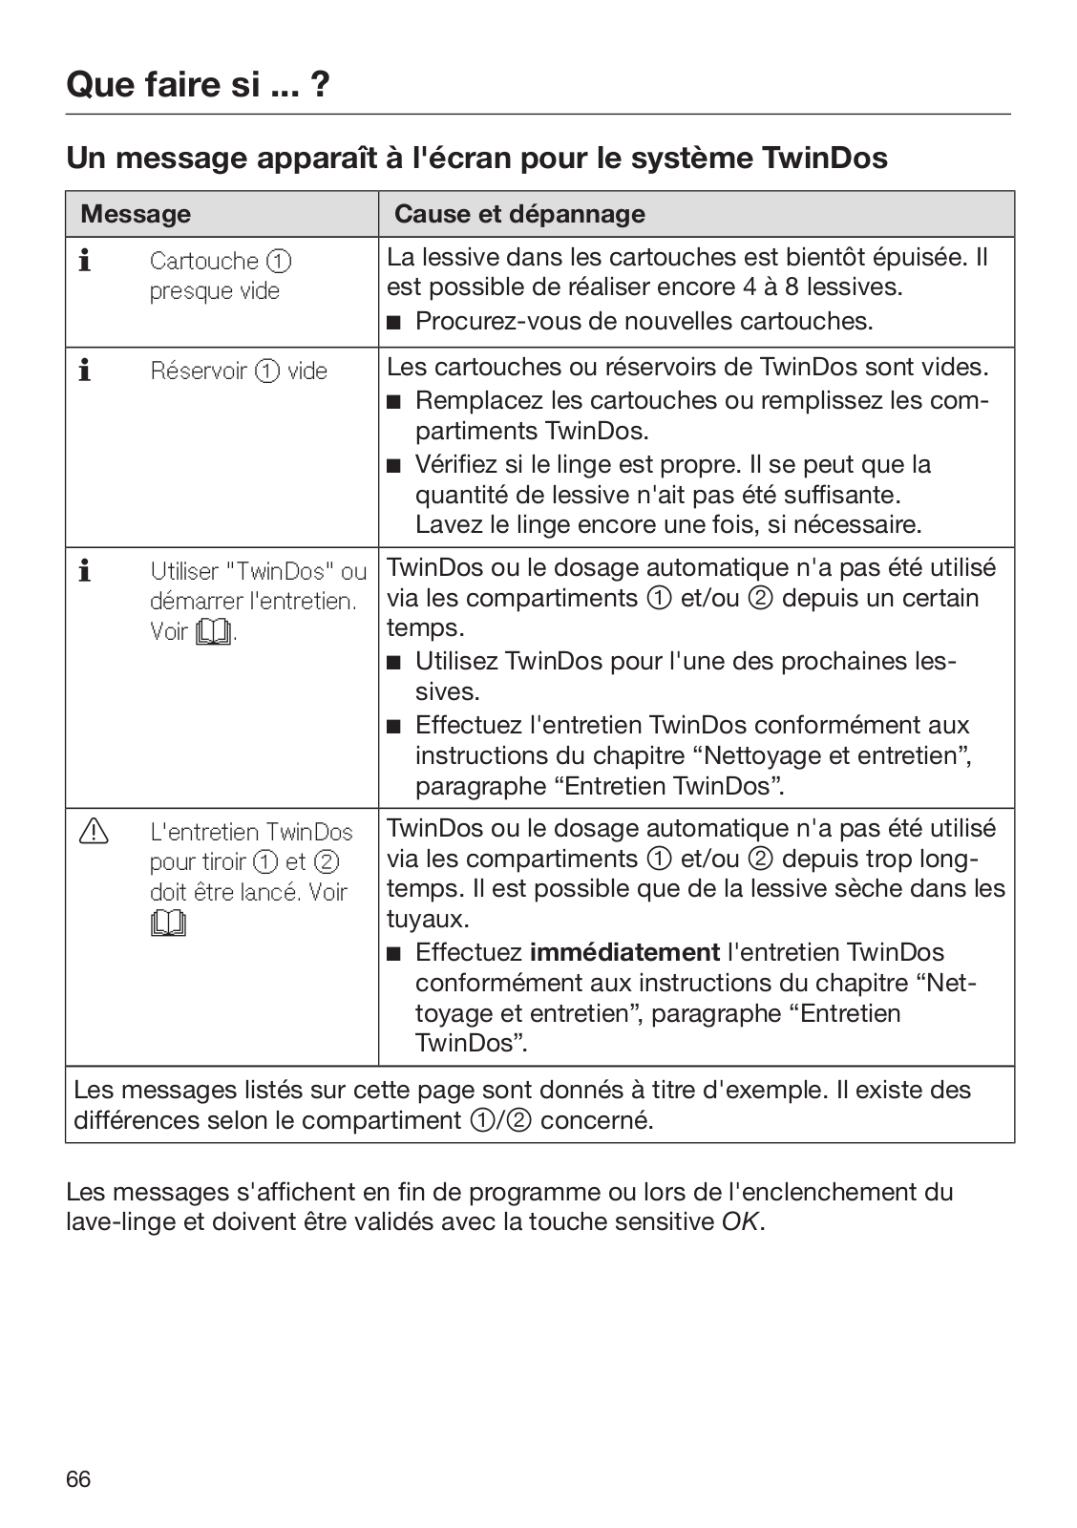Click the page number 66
[x=78, y=1479]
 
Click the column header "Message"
[x=136, y=214]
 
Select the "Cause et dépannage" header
[x=519, y=214]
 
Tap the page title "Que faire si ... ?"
[x=199, y=85]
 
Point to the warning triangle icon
[x=94, y=833]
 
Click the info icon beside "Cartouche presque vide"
[x=85, y=261]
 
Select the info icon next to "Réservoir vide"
[x=85, y=371]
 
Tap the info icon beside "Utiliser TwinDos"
[x=85, y=571]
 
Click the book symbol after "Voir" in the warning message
[x=168, y=923]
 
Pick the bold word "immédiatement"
[x=624, y=952]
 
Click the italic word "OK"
[x=741, y=1221]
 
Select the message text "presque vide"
[x=214, y=291]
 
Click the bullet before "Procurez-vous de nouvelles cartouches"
[x=393, y=322]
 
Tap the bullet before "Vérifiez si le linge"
[x=393, y=466]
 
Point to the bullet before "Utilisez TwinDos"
[x=393, y=662]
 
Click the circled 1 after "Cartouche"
[x=279, y=261]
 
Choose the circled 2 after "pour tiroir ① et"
[x=327, y=861]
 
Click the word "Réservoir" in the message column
[x=199, y=371]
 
